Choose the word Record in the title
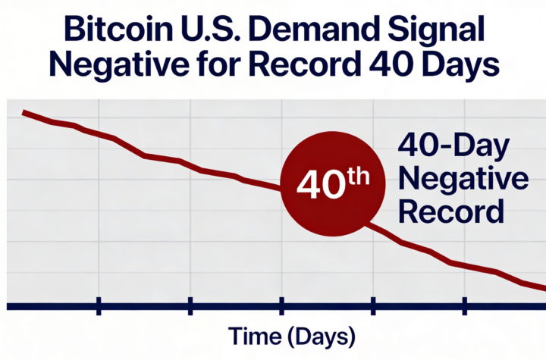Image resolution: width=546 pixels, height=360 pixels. coord(303,67)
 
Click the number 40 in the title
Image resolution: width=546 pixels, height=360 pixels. coord(388,67)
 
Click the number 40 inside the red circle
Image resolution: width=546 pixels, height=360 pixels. coord(318,186)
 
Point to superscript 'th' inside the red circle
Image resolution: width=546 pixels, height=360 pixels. coord(356,177)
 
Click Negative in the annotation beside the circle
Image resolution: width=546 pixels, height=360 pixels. coord(463,180)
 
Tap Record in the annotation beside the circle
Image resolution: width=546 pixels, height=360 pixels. coord(450,211)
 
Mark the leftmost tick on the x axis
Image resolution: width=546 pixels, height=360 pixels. coord(99,305)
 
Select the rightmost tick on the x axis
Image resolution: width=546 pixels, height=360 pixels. coord(464,305)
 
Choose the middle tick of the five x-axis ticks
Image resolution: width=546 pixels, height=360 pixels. coord(281,305)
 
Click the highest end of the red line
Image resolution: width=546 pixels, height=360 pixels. coord(24,112)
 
